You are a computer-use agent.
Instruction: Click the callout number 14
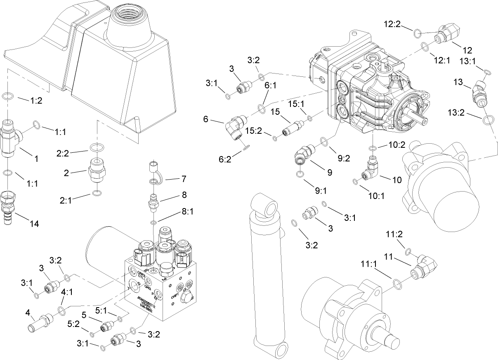point(34,223)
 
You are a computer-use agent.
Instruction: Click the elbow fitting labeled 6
point(235,126)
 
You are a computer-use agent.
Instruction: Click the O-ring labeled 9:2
point(324,142)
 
